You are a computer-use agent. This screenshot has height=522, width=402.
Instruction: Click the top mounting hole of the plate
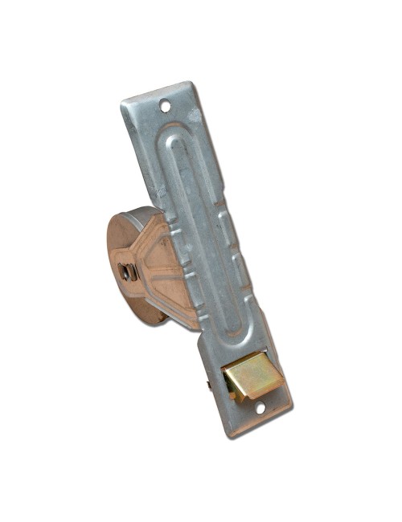[166, 104]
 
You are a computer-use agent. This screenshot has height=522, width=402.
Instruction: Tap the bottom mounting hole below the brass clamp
[260, 407]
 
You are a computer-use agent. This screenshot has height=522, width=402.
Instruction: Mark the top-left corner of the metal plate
[122, 103]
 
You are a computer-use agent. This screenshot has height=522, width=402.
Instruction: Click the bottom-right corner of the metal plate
[286, 402]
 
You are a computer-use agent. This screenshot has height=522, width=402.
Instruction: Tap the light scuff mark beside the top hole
[181, 101]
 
